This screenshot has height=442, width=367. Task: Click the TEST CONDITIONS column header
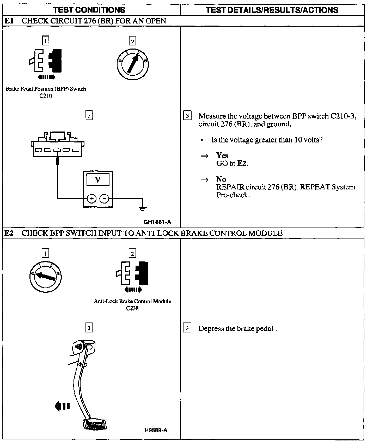coord(89,10)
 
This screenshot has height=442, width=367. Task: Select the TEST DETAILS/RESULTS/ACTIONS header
coord(272,10)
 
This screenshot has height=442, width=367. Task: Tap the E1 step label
coord(9,21)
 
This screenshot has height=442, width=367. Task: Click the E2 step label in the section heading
coord(9,233)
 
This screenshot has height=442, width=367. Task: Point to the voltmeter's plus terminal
coord(91,199)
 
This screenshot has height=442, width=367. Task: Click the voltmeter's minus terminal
coord(104,199)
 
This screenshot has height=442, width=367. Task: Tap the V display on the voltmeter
coord(98,180)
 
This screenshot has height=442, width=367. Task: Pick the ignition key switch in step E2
coord(46,277)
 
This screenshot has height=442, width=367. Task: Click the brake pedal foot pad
coord(94,424)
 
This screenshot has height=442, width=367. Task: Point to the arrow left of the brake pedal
coord(62,406)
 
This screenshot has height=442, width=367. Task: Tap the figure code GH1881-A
coord(157,222)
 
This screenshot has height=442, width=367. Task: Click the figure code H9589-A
coord(156,430)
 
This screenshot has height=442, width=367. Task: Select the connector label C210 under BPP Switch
coord(46,96)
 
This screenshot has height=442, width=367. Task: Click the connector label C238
coord(132,308)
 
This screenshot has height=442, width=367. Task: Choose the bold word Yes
coord(222,156)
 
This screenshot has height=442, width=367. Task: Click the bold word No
coord(221,179)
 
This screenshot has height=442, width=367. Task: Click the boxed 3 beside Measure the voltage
coord(188,116)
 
